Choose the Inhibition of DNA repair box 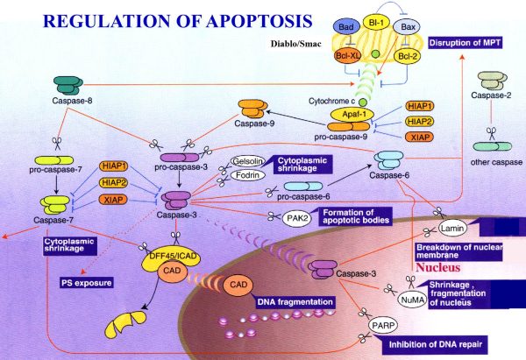(434, 343)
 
